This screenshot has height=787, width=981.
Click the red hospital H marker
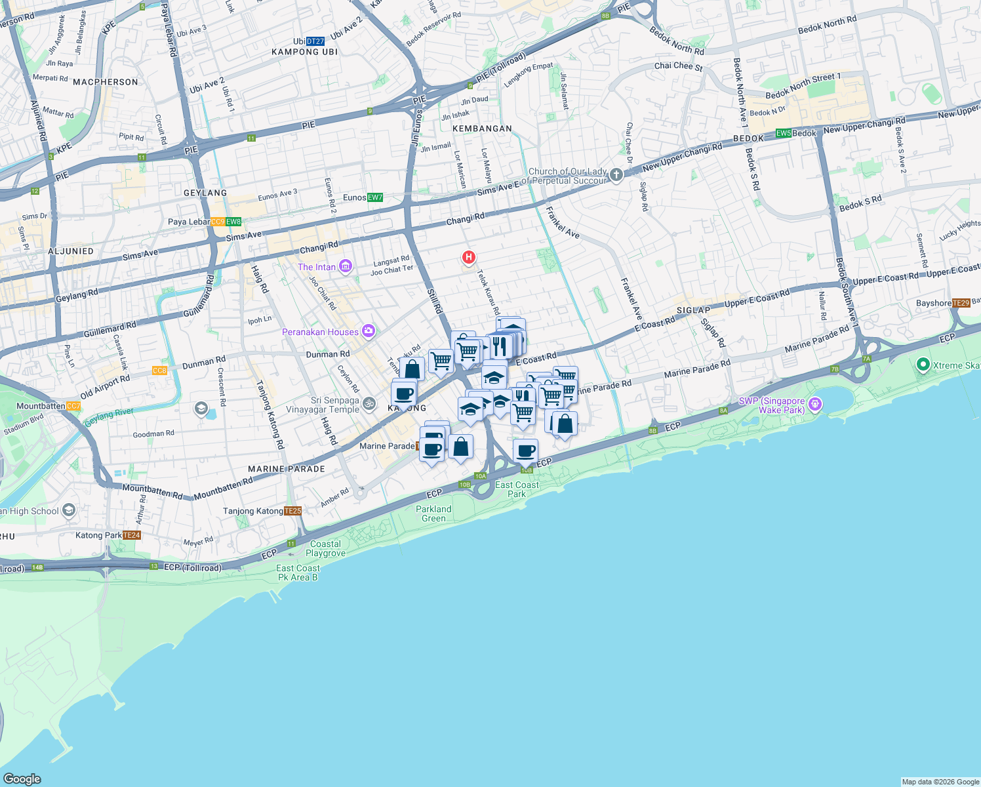point(468,257)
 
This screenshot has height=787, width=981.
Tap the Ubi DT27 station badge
point(315,41)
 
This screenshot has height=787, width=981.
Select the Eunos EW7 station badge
point(375,197)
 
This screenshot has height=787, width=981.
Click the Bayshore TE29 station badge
point(961,303)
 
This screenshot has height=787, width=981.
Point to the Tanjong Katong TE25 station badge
point(293,511)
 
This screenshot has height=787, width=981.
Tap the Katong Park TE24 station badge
point(132,535)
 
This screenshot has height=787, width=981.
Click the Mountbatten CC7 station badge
point(74,406)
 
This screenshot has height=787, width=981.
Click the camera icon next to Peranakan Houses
point(369,331)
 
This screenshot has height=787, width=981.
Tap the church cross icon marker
point(616,174)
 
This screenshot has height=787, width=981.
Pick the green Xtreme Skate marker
point(923,365)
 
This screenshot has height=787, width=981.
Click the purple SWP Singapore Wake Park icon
point(815,404)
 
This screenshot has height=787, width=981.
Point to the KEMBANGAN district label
point(482,129)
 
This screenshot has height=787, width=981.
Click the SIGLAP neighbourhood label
point(693,310)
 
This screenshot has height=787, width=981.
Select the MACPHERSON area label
point(106,82)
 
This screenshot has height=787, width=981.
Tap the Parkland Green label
point(433,514)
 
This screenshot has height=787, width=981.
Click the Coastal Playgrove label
point(325,548)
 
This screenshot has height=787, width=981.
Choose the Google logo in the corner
point(22,778)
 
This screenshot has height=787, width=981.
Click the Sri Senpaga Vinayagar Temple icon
point(369,404)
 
